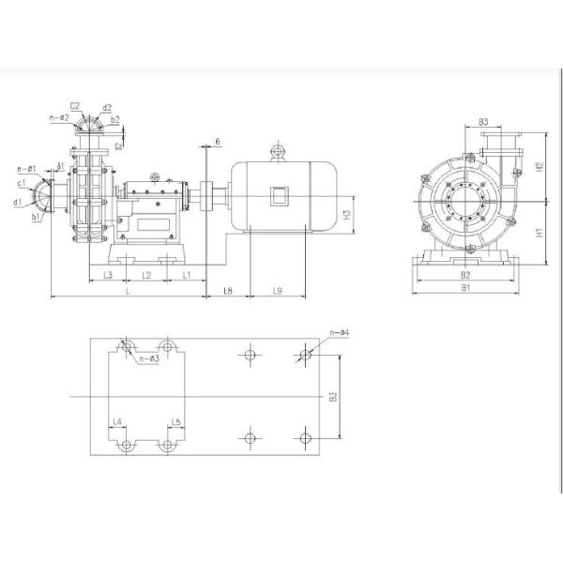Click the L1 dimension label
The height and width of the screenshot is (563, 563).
(187, 275)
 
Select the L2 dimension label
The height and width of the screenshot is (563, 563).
(146, 275)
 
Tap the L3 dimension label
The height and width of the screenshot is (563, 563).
(108, 275)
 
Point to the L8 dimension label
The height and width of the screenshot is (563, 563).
(228, 292)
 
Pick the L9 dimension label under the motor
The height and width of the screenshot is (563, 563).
(278, 292)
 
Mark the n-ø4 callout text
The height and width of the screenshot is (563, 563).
(340, 333)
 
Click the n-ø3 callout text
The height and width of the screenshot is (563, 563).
(147, 358)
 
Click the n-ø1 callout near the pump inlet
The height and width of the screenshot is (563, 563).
(26, 169)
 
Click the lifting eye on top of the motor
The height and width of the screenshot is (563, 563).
(277, 150)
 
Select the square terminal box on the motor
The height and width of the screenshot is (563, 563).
(279, 196)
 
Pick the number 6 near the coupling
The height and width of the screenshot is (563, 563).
(218, 141)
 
